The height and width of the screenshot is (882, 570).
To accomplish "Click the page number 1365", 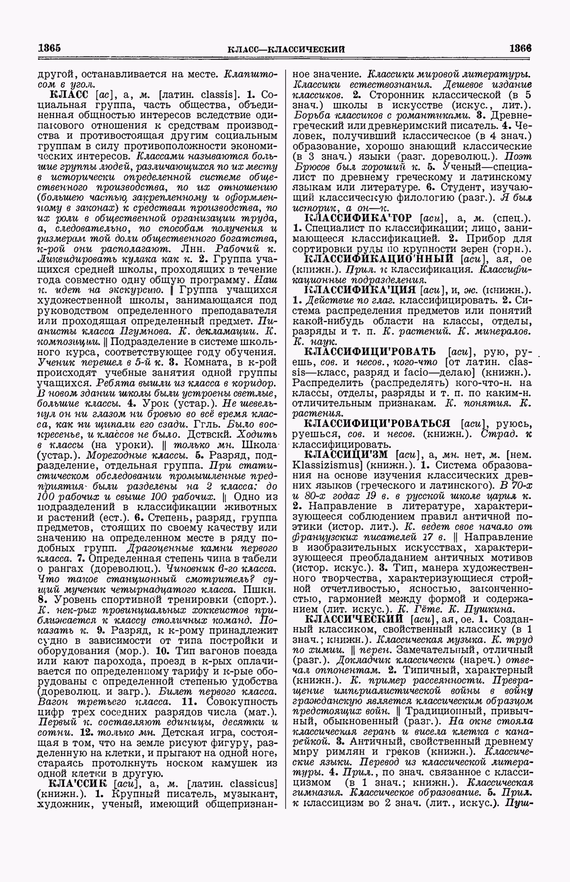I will tap(50, 48).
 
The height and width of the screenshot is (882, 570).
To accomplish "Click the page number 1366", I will tap(520, 48).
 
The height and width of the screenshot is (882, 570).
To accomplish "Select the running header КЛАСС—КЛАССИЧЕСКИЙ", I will tap(287, 49).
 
